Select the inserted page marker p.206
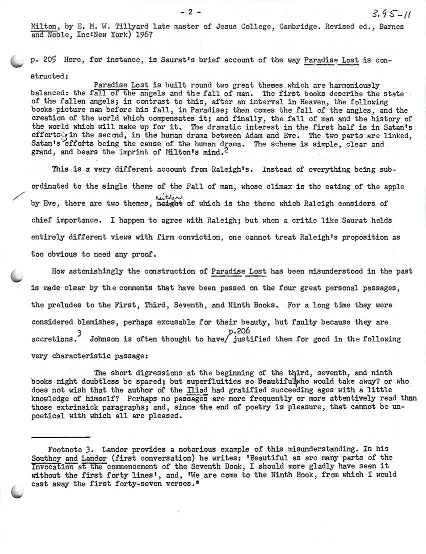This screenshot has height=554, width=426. pos(239,330)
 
